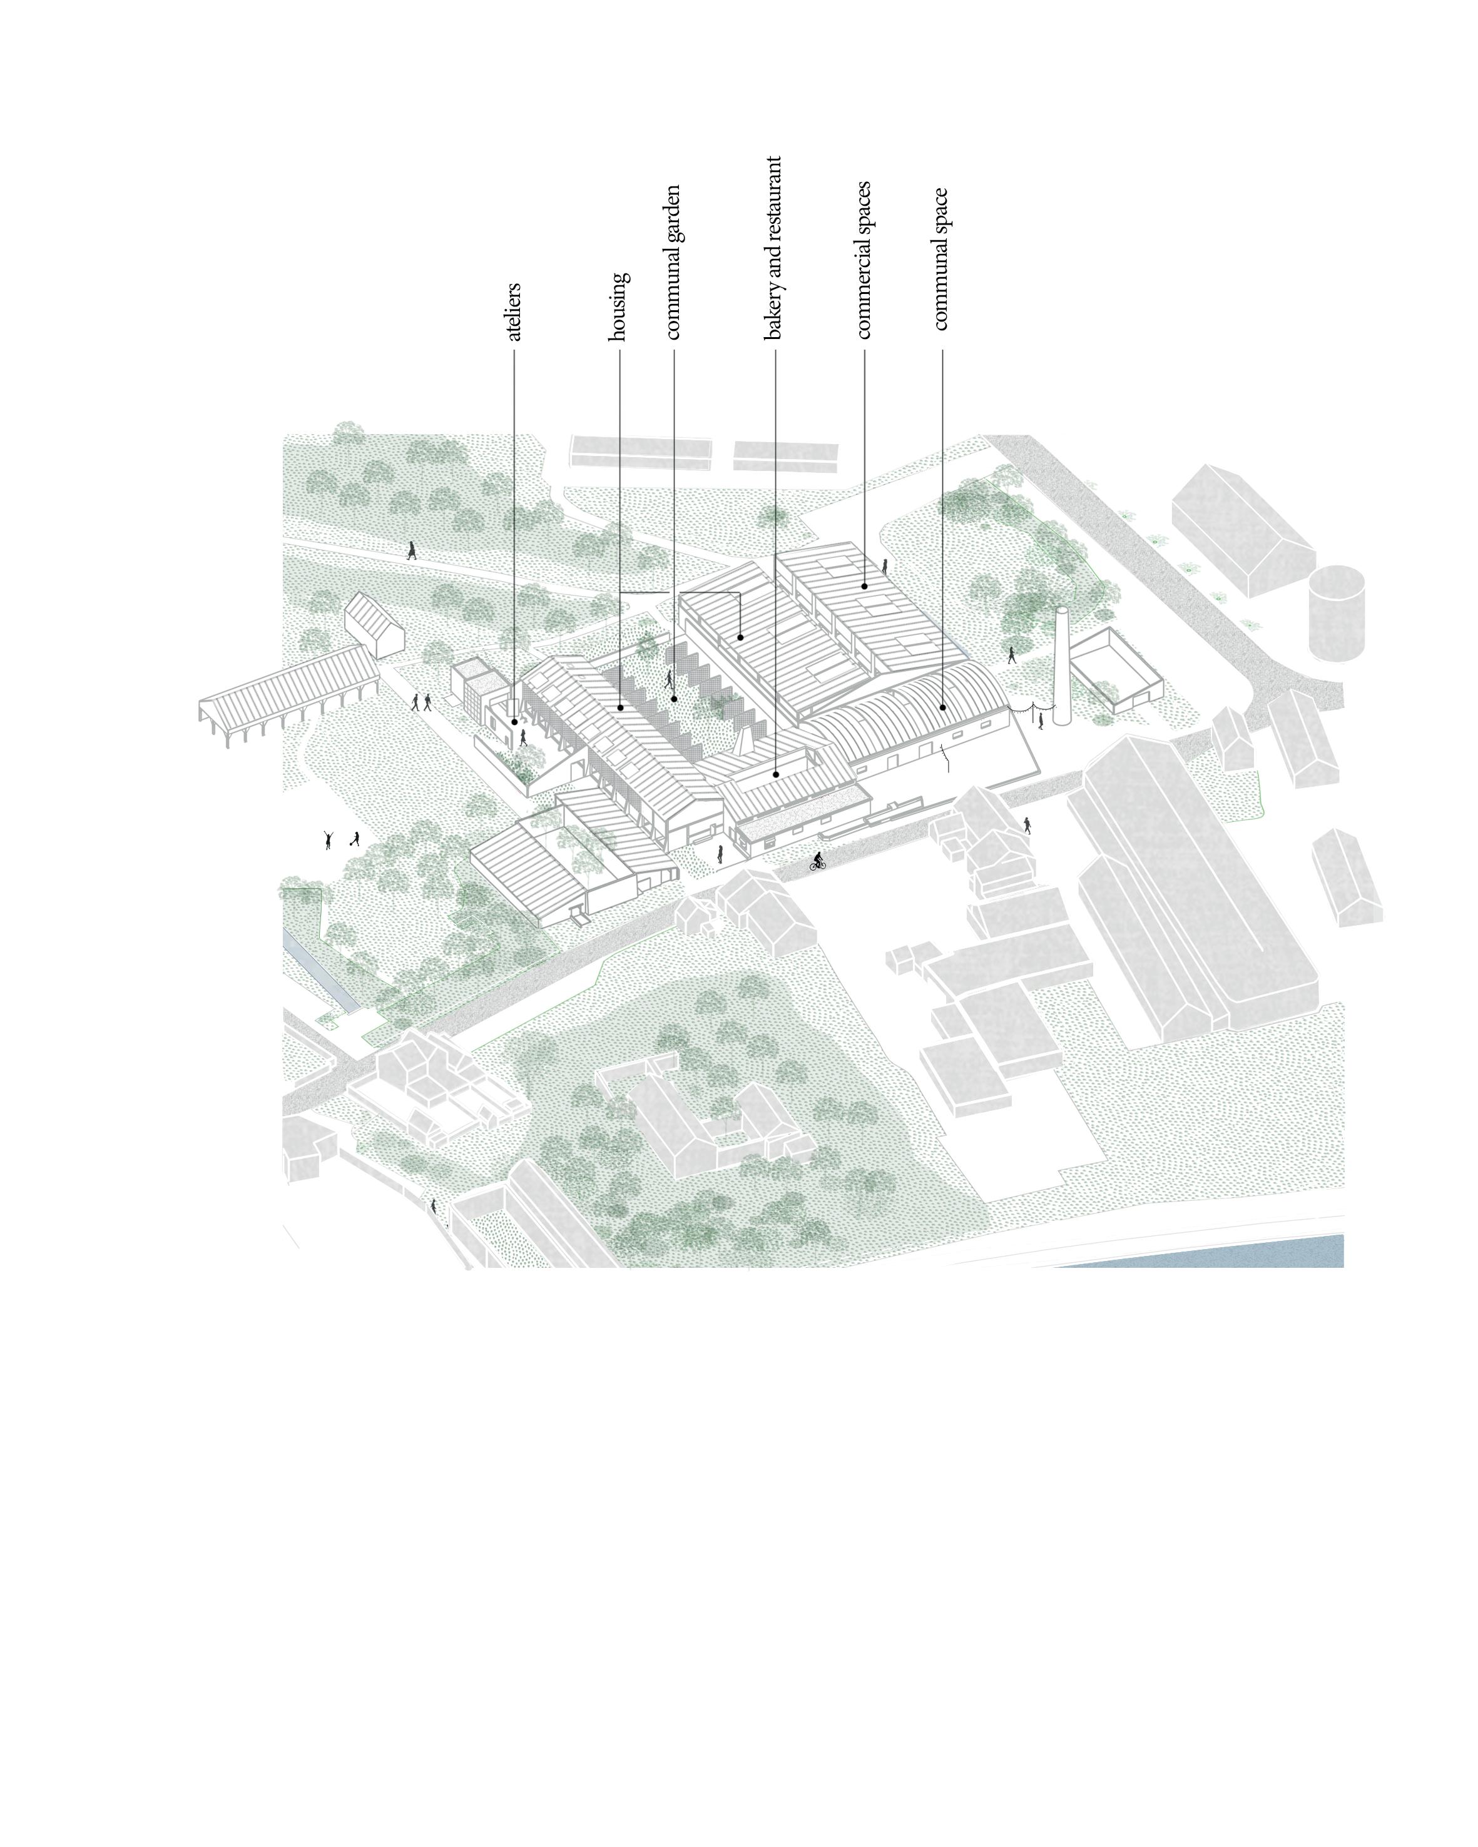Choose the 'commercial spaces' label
tap(864, 260)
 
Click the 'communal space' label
tap(940, 259)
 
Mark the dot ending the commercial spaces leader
tap(864, 586)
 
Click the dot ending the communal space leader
tap(942, 707)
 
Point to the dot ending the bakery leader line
tap(775, 774)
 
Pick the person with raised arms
tap(327, 839)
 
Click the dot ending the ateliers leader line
tap(514, 721)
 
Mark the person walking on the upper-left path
tap(411, 549)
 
